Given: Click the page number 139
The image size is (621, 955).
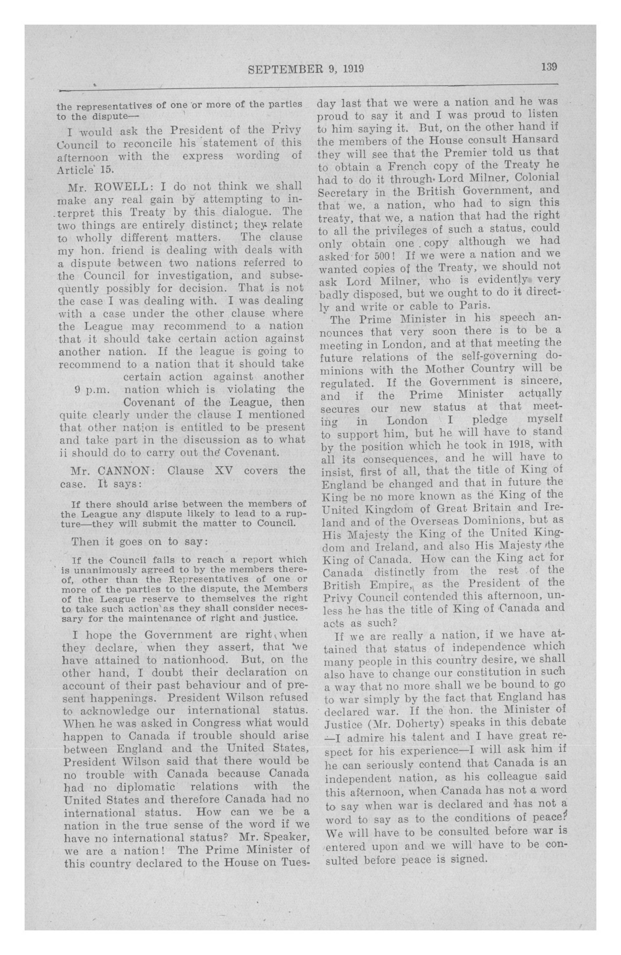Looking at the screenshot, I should click(548, 66).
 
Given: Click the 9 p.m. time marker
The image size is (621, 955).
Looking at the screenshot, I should click(92, 389).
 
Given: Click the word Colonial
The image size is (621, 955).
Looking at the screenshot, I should click(531, 177).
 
